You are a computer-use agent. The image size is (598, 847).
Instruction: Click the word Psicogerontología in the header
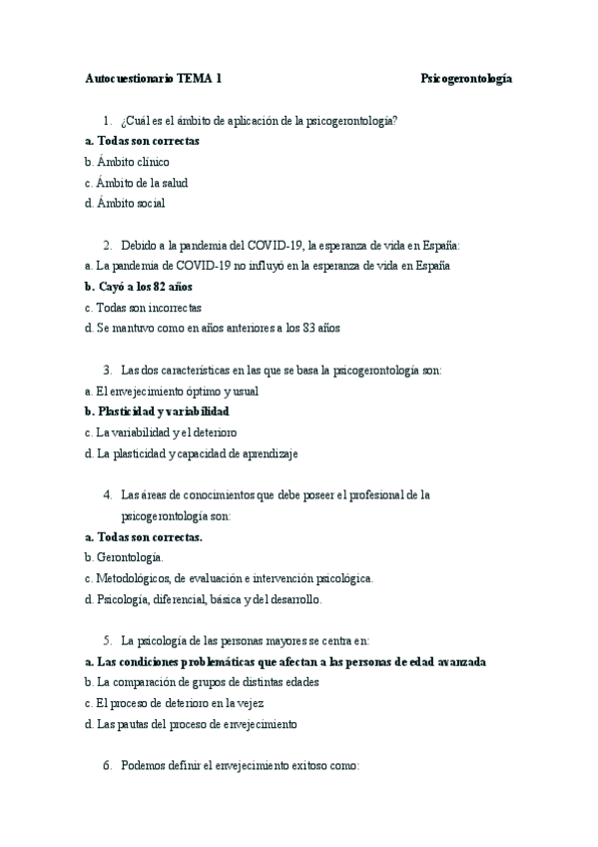coord(466,78)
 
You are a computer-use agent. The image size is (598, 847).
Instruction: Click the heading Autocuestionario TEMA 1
coord(154,78)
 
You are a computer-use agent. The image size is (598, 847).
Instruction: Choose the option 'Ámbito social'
coord(131,203)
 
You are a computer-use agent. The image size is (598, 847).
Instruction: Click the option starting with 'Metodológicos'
coord(234,578)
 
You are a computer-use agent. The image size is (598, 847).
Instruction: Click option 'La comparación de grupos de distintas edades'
coord(208,682)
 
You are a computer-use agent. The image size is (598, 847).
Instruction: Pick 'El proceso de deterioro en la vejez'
coord(181,703)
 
